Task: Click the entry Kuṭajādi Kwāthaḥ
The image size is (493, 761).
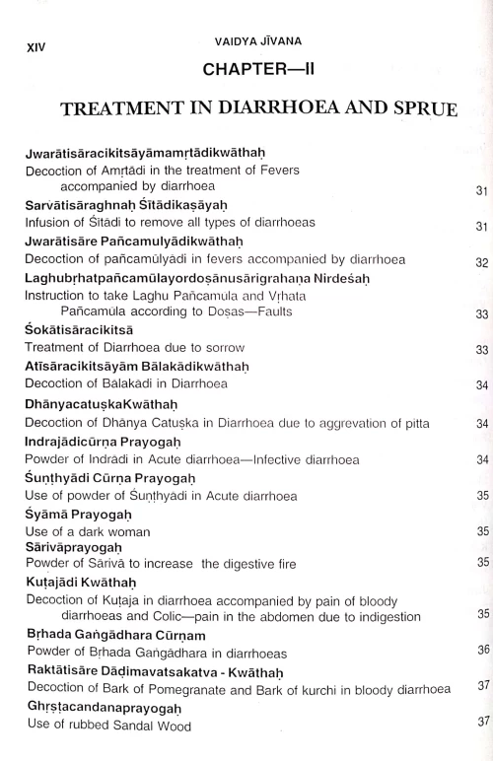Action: [82, 584]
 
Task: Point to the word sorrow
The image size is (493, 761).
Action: [222, 348]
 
